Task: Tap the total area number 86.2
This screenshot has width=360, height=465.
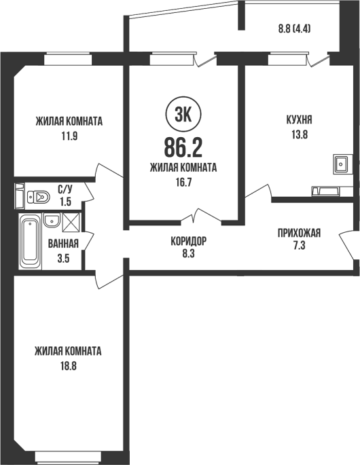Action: click(x=183, y=148)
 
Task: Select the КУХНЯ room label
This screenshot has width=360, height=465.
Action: click(x=299, y=119)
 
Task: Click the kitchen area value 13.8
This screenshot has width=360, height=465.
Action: click(x=299, y=134)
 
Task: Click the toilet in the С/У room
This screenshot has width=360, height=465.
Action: click(x=39, y=197)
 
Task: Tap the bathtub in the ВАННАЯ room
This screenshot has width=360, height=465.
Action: click(x=30, y=241)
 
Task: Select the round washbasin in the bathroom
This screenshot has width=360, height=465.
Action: click(x=52, y=221)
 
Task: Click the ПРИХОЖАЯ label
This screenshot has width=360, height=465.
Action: click(x=299, y=233)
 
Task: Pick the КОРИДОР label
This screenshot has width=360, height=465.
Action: click(x=188, y=241)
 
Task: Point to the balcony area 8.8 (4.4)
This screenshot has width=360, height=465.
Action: click(x=294, y=29)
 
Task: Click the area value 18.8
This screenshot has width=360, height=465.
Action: click(x=69, y=366)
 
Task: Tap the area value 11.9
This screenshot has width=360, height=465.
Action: click(x=69, y=136)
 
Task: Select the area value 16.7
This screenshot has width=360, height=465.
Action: click(x=183, y=183)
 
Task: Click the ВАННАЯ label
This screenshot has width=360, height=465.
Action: click(x=63, y=244)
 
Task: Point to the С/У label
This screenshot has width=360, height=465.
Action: click(x=65, y=189)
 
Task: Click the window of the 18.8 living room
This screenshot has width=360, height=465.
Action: click(x=68, y=458)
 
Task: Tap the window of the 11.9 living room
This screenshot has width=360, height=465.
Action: click(x=68, y=58)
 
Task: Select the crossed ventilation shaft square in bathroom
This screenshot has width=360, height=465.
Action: click(x=71, y=222)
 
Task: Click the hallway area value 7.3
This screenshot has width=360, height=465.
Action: click(x=299, y=246)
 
